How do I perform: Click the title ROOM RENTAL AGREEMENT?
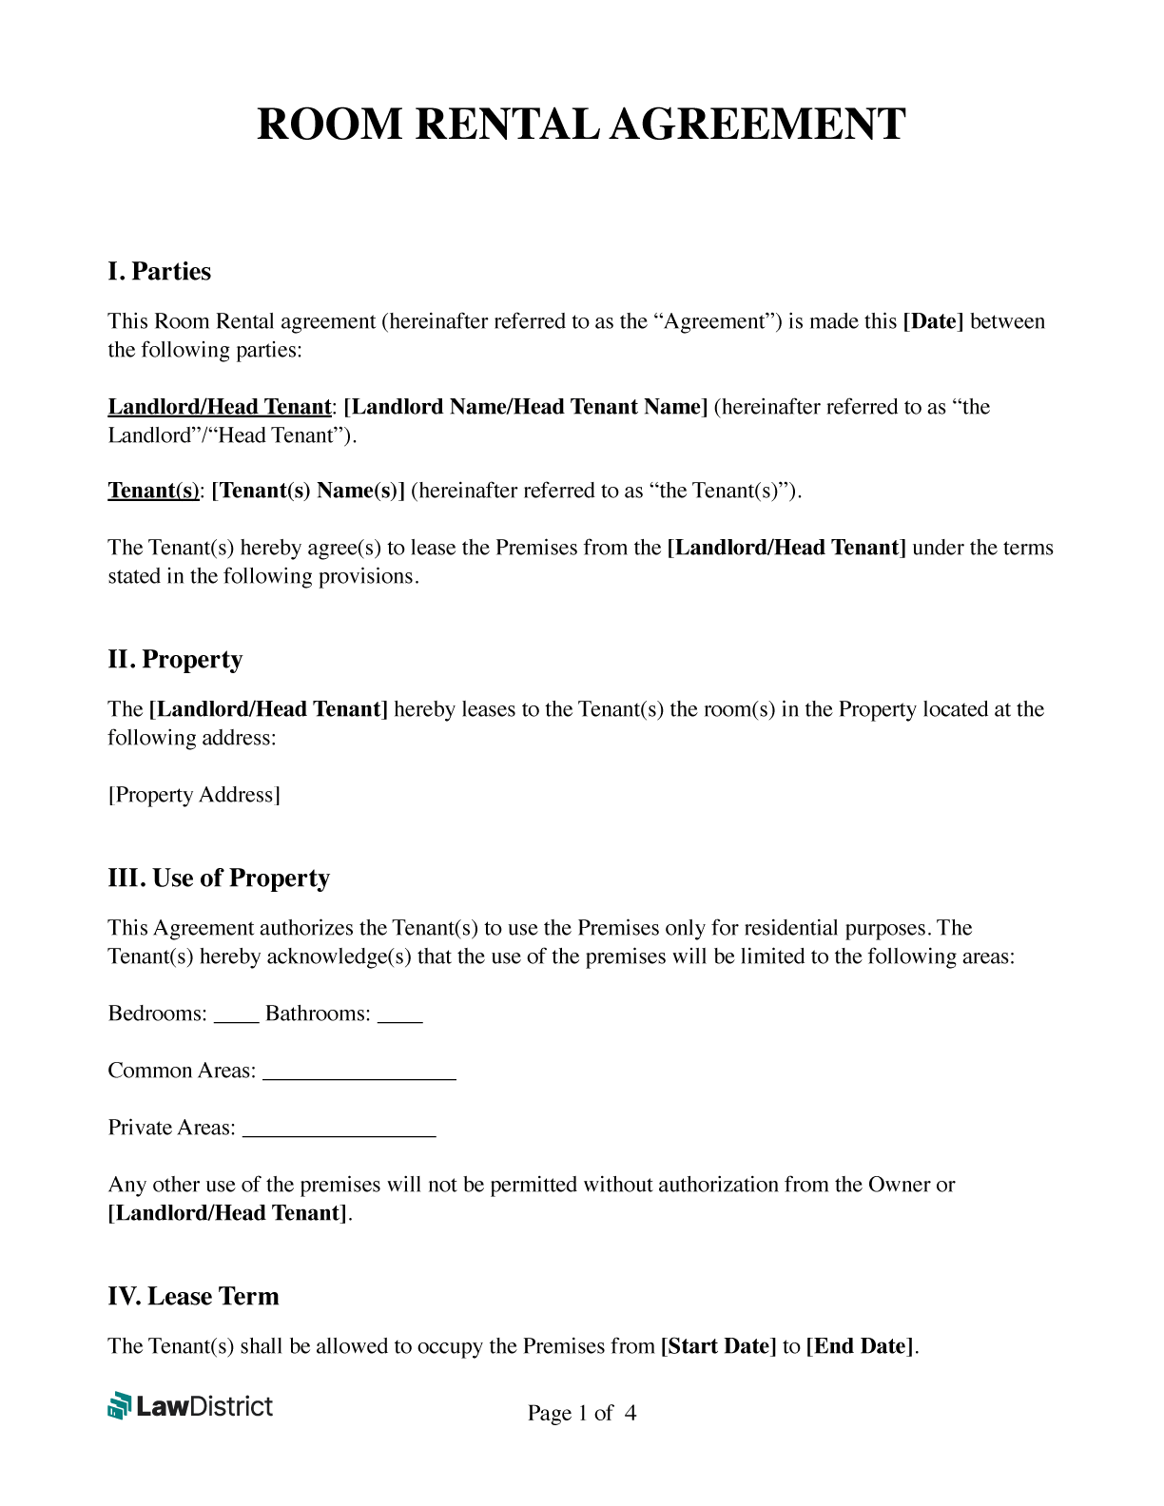click(x=581, y=125)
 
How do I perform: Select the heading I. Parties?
click(x=159, y=272)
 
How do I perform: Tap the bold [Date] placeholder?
click(x=932, y=321)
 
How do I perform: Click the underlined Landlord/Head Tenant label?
click(x=219, y=407)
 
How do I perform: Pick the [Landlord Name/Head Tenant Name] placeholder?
click(x=525, y=407)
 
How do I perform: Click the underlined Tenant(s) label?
click(x=153, y=491)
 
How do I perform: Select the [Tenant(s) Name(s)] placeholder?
click(x=308, y=491)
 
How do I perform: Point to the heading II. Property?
click(x=175, y=660)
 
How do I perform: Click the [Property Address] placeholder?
click(x=194, y=795)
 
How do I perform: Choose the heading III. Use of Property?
click(x=219, y=878)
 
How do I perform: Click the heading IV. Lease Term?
click(x=193, y=1297)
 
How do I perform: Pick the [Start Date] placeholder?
click(x=718, y=1346)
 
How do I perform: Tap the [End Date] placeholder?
click(x=859, y=1346)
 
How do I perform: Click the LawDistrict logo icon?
click(x=119, y=1405)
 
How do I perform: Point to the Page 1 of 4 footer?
click(x=581, y=1414)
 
